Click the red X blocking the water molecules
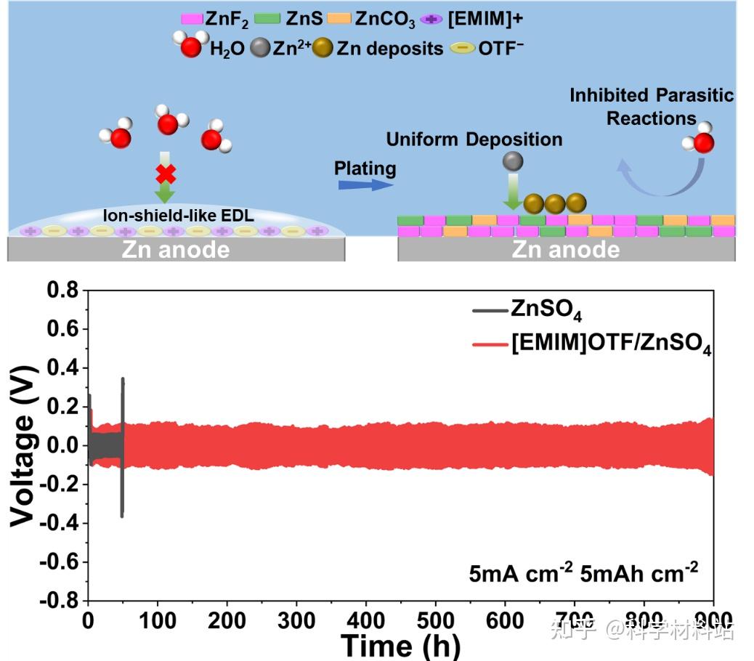click(166, 174)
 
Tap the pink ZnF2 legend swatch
click(190, 19)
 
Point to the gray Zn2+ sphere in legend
click(259, 49)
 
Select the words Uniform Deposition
click(474, 139)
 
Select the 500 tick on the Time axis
click(435, 620)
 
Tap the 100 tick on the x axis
click(158, 620)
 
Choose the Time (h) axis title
click(400, 646)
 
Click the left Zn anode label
click(176, 250)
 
